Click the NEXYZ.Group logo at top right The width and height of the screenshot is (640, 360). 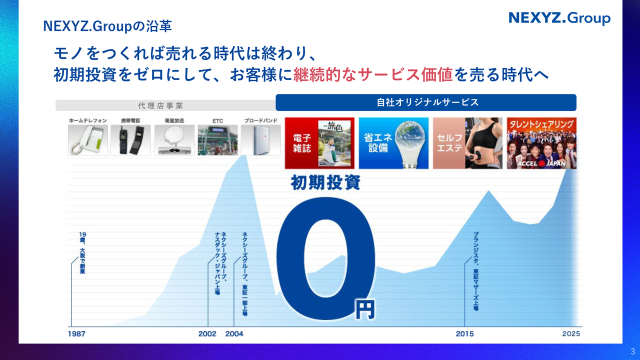point(559,18)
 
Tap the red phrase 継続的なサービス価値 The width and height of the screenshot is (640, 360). point(373,74)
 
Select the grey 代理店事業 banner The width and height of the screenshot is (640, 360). point(160,105)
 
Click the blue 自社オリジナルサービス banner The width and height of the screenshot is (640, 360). point(426,102)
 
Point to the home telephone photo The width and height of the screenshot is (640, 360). point(88,139)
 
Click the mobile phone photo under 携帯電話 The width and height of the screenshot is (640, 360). point(130,139)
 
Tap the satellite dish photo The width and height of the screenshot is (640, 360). point(174,139)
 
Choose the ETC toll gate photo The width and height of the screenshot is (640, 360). point(217,139)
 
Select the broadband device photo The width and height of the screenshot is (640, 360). point(260,139)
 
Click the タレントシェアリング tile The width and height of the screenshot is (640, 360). point(541,143)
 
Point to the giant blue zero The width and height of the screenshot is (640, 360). point(325,258)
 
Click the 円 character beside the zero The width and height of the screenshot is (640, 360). point(364,309)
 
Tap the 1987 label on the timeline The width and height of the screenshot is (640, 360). point(76,334)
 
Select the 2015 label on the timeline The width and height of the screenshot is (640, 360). point(464,334)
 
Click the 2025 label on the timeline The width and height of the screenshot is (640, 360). point(571,334)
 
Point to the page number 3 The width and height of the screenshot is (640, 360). point(632,351)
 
